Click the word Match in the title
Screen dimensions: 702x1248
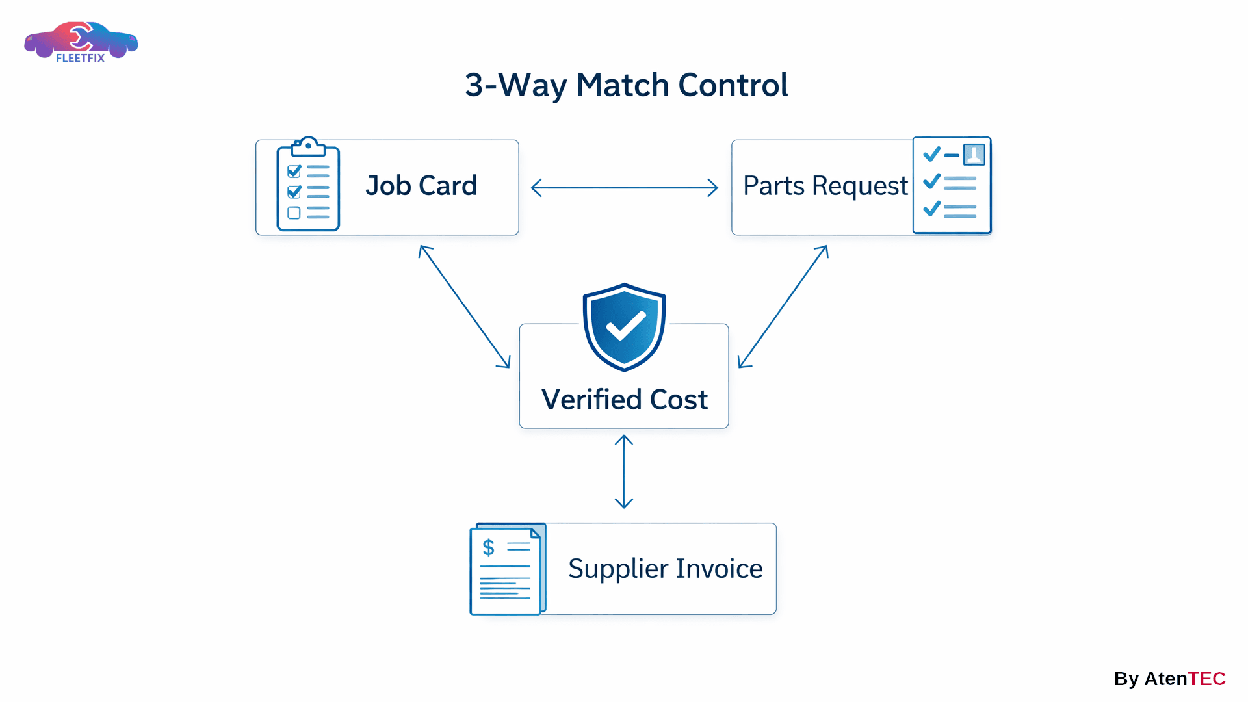(622, 85)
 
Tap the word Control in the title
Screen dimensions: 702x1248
(733, 85)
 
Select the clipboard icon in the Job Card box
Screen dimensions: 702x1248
(308, 186)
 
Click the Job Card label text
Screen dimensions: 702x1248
(421, 186)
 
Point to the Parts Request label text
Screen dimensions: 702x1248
(825, 186)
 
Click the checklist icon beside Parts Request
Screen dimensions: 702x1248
(952, 186)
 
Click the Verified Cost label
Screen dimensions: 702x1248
(624, 399)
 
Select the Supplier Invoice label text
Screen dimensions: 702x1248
(665, 569)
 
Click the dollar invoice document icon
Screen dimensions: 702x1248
(507, 569)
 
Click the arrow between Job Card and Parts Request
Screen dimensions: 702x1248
(624, 188)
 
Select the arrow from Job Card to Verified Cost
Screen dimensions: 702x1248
(464, 306)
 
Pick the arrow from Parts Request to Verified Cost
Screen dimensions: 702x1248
(783, 306)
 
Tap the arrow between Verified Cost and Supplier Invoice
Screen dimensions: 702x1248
(624, 471)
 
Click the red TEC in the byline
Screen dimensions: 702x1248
(1206, 679)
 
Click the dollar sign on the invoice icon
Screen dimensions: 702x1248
(488, 547)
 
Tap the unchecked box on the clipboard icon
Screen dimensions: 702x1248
(294, 213)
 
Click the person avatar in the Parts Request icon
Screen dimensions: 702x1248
(974, 155)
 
